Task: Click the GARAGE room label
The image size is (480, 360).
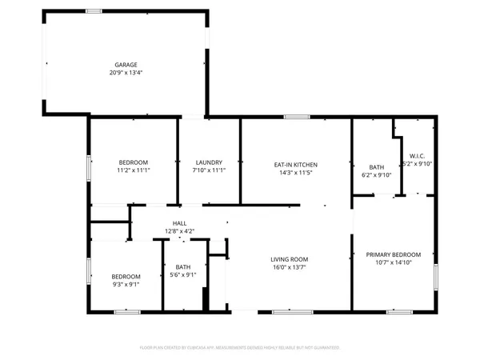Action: pyautogui.click(x=126, y=64)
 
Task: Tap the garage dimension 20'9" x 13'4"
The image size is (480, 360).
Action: pyautogui.click(x=126, y=72)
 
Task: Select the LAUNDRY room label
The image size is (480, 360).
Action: pyautogui.click(x=207, y=162)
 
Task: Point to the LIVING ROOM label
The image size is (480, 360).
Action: pyautogui.click(x=289, y=259)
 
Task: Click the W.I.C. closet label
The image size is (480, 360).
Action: pyautogui.click(x=417, y=156)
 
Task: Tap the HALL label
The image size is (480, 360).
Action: pyautogui.click(x=179, y=223)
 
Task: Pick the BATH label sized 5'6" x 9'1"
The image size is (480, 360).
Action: pyautogui.click(x=183, y=267)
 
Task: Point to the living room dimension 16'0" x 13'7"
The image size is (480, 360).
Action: pyautogui.click(x=289, y=268)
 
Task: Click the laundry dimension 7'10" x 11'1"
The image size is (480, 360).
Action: pyautogui.click(x=207, y=171)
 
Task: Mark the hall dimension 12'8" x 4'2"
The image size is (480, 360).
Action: pyautogui.click(x=179, y=231)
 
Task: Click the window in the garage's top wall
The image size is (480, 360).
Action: pyautogui.click(x=94, y=11)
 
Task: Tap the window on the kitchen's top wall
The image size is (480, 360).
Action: pyautogui.click(x=297, y=118)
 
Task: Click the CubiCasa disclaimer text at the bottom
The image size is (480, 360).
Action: pyautogui.click(x=240, y=348)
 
